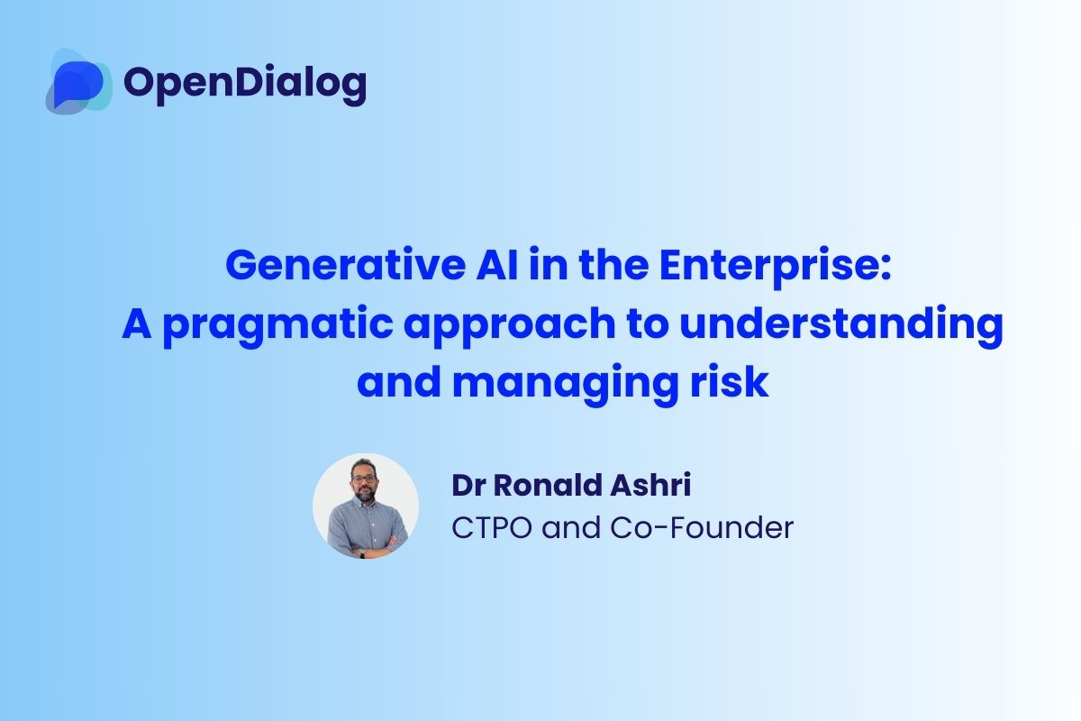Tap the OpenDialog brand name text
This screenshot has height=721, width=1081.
(x=245, y=83)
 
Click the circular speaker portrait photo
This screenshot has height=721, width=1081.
(x=366, y=506)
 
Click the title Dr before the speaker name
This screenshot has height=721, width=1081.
(x=468, y=484)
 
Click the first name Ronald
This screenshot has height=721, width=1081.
(x=542, y=484)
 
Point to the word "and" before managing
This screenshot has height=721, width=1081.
(x=397, y=383)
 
